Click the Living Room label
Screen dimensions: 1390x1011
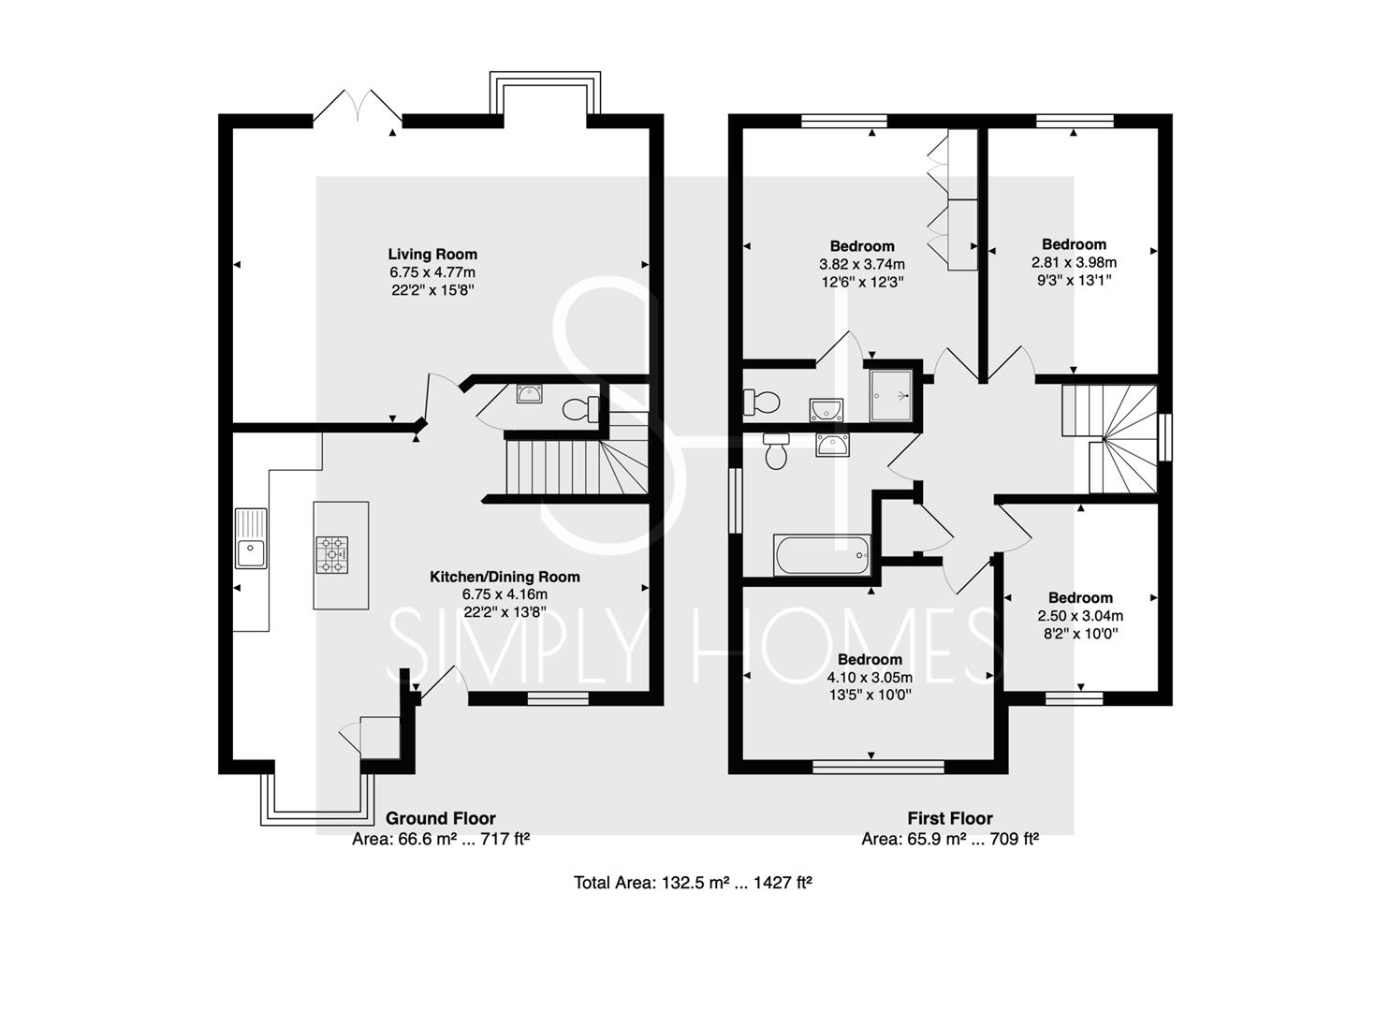click(x=432, y=255)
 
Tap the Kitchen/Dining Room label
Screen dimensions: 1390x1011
click(x=505, y=578)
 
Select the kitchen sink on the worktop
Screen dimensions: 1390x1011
click(x=251, y=538)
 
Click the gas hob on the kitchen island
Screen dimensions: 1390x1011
click(x=332, y=555)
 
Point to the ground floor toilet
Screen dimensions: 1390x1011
click(x=581, y=409)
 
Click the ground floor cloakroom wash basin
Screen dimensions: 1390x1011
click(x=529, y=393)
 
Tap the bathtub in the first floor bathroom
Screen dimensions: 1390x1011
click(x=822, y=555)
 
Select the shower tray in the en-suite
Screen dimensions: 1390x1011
click(x=890, y=395)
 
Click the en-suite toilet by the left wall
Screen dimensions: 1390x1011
click(x=761, y=403)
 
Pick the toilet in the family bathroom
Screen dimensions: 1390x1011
click(x=776, y=451)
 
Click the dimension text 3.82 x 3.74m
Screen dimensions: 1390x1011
click(x=862, y=264)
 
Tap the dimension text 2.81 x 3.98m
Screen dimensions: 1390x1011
click(x=1074, y=262)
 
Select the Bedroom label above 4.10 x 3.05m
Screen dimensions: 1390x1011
click(x=870, y=659)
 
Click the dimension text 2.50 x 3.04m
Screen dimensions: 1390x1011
click(x=1080, y=616)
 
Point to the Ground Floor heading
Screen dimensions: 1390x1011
click(x=441, y=818)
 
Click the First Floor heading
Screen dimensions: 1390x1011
click(x=950, y=818)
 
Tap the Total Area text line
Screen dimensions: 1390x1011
click(x=693, y=883)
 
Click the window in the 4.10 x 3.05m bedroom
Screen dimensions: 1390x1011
click(x=878, y=767)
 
